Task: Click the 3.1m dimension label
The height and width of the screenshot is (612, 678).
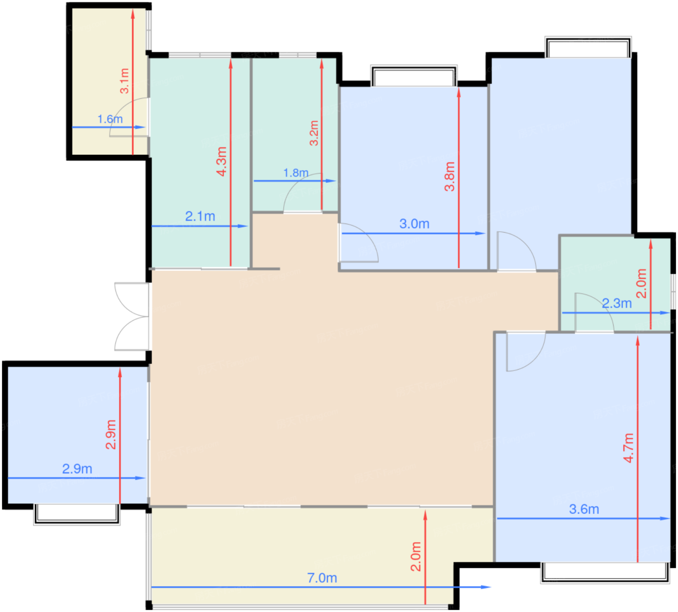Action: pyautogui.click(x=124, y=81)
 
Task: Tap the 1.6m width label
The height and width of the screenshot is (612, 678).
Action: pyautogui.click(x=110, y=119)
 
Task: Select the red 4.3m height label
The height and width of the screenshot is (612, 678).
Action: pyautogui.click(x=221, y=161)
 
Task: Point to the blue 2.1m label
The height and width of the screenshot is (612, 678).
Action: pyautogui.click(x=200, y=217)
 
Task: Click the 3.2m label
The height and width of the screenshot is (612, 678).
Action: pyautogui.click(x=314, y=133)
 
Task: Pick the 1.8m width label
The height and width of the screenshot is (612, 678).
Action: pyautogui.click(x=295, y=173)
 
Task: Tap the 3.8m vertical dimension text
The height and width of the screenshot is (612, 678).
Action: pyautogui.click(x=449, y=177)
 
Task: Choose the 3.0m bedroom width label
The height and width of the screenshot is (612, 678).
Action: pyautogui.click(x=414, y=224)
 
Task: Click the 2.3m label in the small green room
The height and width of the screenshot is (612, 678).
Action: pyautogui.click(x=616, y=304)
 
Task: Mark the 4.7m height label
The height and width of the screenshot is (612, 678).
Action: pyautogui.click(x=629, y=448)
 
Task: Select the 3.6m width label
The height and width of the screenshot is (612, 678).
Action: pyautogui.click(x=584, y=509)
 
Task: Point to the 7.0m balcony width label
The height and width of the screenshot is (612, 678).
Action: pyautogui.click(x=322, y=578)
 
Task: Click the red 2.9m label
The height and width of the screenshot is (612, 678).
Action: pyautogui.click(x=111, y=435)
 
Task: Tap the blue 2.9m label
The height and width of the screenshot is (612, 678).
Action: pyautogui.click(x=77, y=469)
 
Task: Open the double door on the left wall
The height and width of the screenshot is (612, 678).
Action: pyautogui.click(x=132, y=316)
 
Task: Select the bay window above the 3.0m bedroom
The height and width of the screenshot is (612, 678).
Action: pyautogui.click(x=414, y=76)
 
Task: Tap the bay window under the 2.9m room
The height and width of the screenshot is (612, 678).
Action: pyautogui.click(x=77, y=514)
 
